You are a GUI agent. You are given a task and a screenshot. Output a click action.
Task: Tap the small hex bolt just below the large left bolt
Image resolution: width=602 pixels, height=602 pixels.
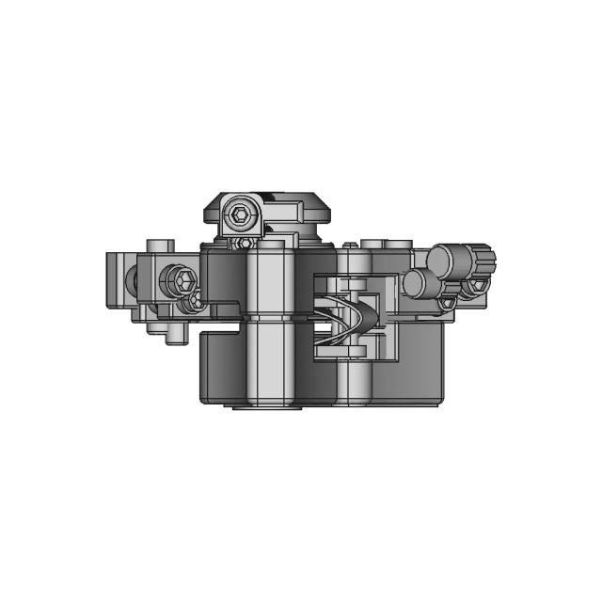(x=197, y=301)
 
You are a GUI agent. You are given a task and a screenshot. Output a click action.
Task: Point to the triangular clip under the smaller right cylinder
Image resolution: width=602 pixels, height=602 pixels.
(x=446, y=304)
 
